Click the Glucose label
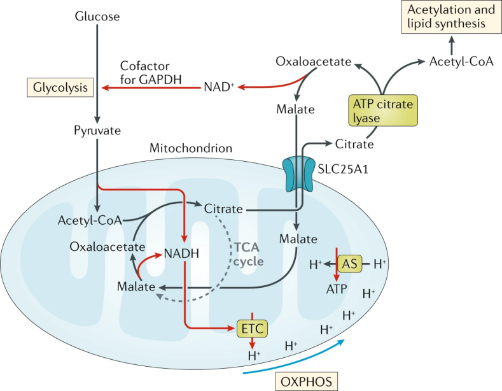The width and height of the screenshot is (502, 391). coord(97,17)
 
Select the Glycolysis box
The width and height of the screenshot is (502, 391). coord(60,87)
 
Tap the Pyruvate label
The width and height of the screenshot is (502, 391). coord(97,131)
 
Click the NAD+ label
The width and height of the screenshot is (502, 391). coord(219,87)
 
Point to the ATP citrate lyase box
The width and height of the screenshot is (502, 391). coord(383,110)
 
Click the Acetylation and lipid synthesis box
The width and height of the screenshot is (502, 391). coord(451,17)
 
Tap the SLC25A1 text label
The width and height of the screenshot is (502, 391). coord(343,169)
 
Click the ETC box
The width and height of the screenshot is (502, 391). coord(253,329)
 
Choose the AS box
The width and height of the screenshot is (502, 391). coord(349,264)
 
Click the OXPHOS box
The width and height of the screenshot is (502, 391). coord(307,381)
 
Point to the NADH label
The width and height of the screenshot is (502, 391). coord(181,253)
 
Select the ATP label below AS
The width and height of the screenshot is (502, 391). coord(337,289)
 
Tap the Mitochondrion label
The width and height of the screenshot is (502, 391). coord(191,148)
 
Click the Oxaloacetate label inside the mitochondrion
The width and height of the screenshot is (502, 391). coord(108,247)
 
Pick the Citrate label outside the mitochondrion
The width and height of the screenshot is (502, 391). coord(354,144)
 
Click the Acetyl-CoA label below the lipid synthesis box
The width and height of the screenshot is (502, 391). coord(461,61)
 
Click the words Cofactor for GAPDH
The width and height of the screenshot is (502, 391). coord(151,73)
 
